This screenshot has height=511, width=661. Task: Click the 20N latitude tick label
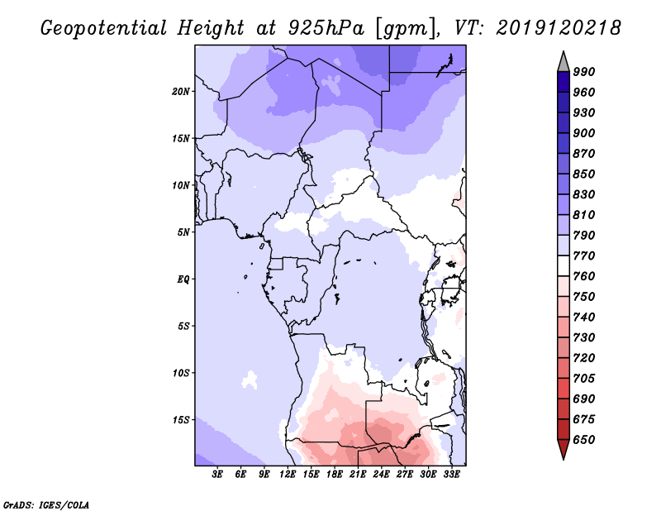pyautogui.click(x=181, y=91)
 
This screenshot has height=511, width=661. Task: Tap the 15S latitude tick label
pyautogui.click(x=181, y=419)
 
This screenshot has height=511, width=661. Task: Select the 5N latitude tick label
pyautogui.click(x=183, y=232)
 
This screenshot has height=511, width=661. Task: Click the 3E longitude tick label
pyautogui.click(x=218, y=475)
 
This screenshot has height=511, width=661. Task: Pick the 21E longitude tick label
pyautogui.click(x=359, y=475)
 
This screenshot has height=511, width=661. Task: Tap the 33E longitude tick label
pyautogui.click(x=452, y=475)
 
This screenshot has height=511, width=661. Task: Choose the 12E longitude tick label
pyautogui.click(x=288, y=475)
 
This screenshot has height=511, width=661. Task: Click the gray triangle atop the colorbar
pyautogui.click(x=563, y=60)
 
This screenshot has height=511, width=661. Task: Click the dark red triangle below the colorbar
pyautogui.click(x=563, y=450)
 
